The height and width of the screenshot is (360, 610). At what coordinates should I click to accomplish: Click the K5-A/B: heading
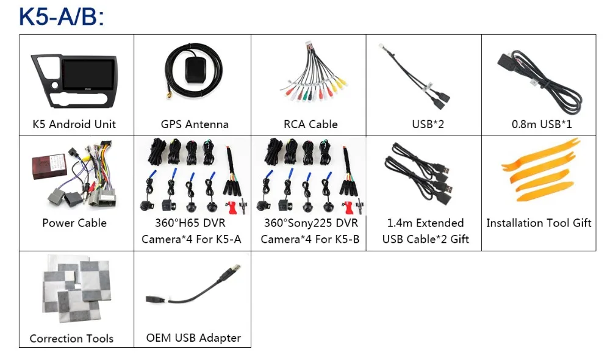pos(62,16)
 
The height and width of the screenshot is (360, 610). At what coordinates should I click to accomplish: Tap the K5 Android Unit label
pos(74,124)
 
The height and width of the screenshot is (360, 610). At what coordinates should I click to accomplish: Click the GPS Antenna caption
pos(195,124)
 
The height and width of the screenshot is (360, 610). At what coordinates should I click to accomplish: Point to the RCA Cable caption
pos(310,124)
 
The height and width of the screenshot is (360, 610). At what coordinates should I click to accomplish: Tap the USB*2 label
pos(428,124)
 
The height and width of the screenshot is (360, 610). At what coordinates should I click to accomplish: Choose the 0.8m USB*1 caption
pos(542,124)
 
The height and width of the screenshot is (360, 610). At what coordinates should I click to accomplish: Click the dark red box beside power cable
pos(49,165)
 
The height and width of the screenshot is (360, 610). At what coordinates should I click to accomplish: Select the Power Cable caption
pos(74,223)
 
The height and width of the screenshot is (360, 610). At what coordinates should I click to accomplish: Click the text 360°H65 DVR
pos(190,223)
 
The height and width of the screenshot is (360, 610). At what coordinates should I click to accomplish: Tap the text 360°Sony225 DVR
pos(311,223)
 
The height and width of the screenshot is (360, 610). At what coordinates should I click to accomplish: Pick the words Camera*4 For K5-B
pos(310,239)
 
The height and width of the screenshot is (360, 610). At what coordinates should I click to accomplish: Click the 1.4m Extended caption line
pos(425,223)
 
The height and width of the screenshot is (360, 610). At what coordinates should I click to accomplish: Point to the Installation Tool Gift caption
pos(539,223)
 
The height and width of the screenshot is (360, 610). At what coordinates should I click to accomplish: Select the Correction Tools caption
pos(71,339)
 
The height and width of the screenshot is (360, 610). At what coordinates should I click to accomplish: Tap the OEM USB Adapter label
pos(193,338)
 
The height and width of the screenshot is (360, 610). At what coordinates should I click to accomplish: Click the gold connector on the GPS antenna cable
pos(170,95)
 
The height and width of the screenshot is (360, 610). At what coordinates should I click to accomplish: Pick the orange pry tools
pos(540,170)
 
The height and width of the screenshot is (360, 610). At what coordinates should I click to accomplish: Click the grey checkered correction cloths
pos(76,288)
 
